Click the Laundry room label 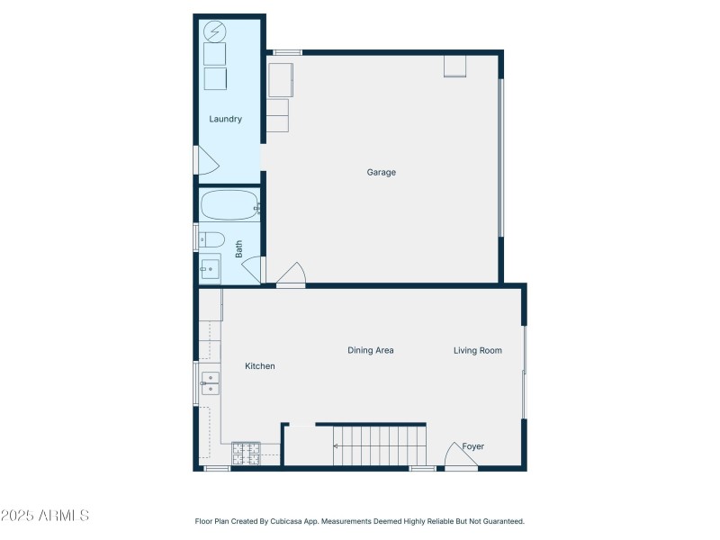click(x=225, y=119)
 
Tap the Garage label click(x=381, y=172)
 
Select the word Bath click(x=239, y=248)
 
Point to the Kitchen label click(x=260, y=366)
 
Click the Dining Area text click(x=371, y=350)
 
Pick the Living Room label click(x=477, y=350)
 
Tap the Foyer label click(x=473, y=446)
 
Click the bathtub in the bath click(x=229, y=206)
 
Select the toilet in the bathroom click(x=211, y=238)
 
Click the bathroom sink click(x=210, y=268)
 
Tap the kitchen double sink click(x=210, y=384)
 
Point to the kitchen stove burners click(x=246, y=453)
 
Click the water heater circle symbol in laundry click(x=215, y=32)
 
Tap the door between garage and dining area click(x=292, y=274)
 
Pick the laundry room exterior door click(x=206, y=160)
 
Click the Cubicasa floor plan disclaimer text click(x=360, y=521)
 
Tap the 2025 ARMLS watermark click(x=45, y=517)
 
